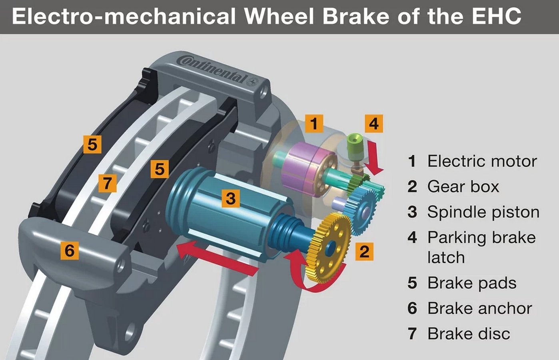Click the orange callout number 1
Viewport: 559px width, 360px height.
(314, 123)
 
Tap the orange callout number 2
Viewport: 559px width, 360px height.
(364, 252)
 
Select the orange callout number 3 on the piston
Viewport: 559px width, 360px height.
(231, 198)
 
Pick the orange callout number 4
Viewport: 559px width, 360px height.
(374, 123)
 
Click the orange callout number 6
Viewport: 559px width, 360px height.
(70, 250)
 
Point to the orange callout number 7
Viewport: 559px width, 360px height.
(107, 183)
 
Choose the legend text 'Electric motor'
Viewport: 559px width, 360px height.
(482, 161)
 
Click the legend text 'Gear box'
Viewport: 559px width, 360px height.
(463, 187)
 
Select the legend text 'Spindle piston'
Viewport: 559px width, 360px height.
(483, 212)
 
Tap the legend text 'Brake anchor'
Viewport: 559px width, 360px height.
(480, 308)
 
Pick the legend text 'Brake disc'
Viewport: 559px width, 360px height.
(469, 334)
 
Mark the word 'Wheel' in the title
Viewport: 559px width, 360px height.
(279, 16)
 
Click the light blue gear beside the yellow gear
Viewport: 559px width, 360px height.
(361, 211)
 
